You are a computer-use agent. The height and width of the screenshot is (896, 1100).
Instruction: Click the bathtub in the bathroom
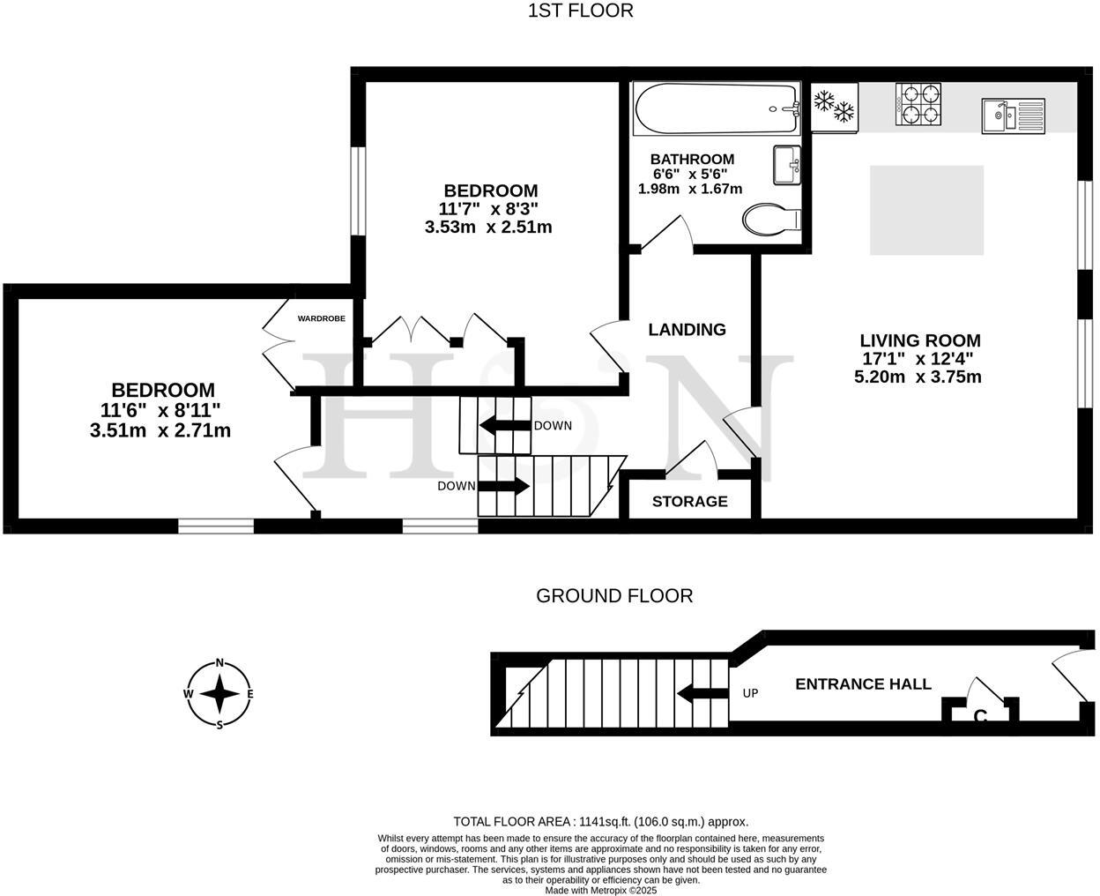point(717,108)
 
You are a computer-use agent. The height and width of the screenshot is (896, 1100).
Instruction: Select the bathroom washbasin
point(786,165)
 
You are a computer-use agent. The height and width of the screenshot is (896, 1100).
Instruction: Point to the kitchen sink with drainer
point(1014,116)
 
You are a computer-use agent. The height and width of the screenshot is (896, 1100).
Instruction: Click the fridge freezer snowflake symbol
point(834,106)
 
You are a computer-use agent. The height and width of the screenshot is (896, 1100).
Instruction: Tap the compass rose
point(219,694)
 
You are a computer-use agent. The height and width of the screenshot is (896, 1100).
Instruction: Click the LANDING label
point(687,330)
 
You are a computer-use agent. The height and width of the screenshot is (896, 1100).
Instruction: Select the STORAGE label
point(689,502)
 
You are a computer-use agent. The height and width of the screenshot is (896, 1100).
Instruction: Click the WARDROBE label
point(321,318)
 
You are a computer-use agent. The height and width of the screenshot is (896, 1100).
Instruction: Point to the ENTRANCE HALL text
point(863,684)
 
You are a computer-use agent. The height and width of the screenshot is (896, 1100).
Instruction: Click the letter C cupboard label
point(979,717)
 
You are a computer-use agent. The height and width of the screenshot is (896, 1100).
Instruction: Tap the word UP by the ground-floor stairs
point(750,693)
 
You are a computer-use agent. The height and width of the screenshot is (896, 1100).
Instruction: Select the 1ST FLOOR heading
point(580,11)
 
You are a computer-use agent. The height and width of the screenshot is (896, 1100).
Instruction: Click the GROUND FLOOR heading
point(614,596)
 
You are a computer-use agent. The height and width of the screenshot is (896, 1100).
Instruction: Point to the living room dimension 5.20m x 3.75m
point(918,377)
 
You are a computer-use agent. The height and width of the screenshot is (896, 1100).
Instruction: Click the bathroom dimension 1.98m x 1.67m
point(690,189)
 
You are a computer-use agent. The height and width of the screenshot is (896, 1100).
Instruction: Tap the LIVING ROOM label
point(919,340)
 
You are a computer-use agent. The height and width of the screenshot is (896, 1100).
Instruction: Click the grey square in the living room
point(926,210)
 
